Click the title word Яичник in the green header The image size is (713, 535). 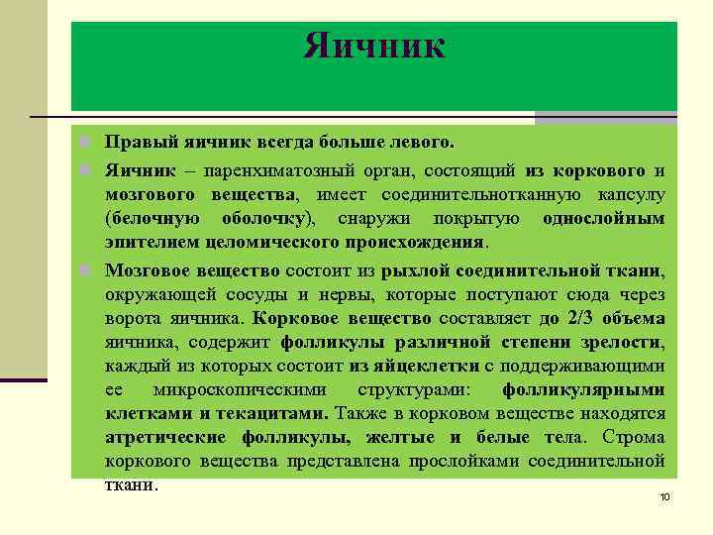(374, 46)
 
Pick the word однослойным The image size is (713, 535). (604, 218)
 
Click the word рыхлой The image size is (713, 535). (417, 268)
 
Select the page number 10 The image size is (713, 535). (664, 496)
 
